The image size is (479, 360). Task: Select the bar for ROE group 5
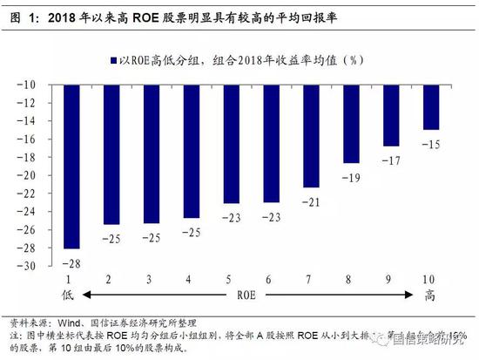point(231,145)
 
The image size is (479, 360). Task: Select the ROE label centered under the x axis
point(252,295)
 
